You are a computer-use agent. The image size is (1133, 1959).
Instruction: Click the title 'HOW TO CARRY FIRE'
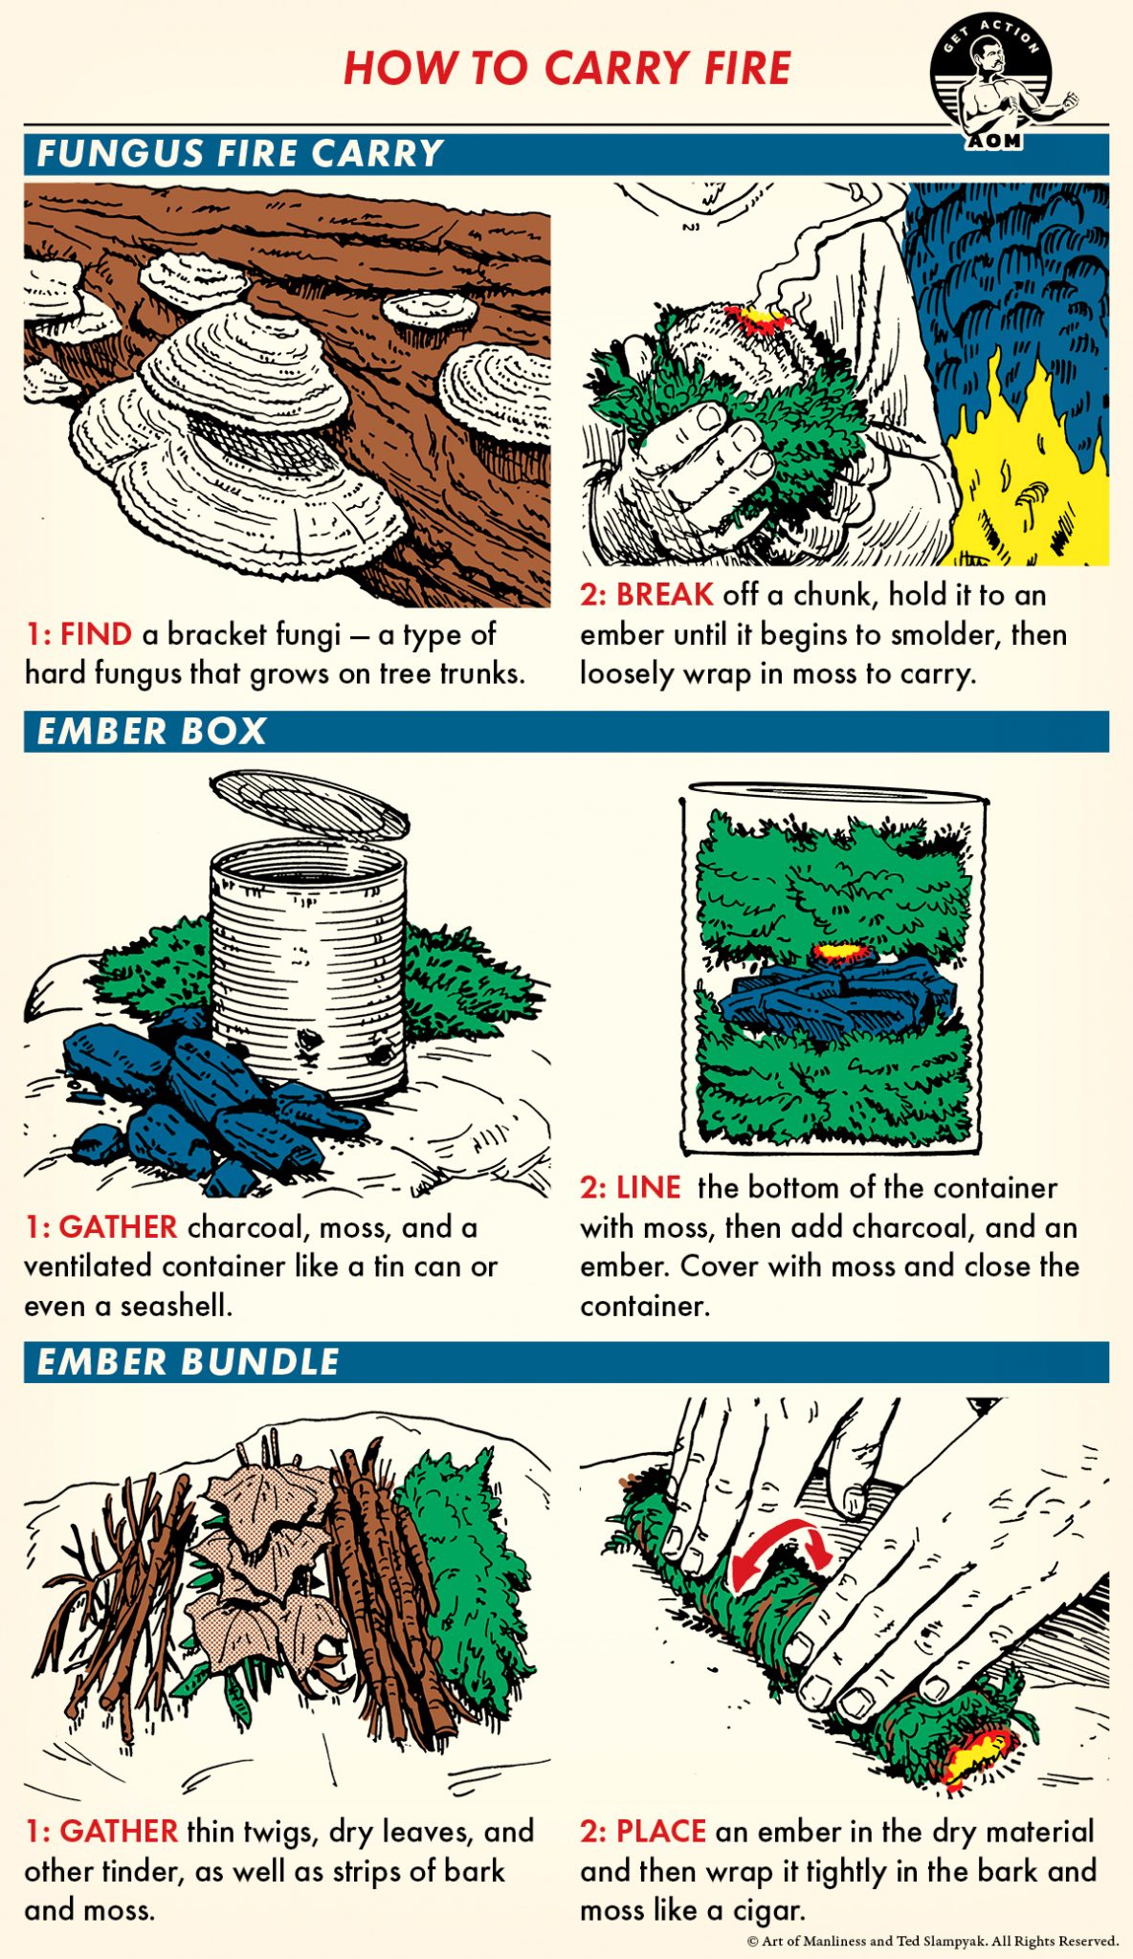coord(567,68)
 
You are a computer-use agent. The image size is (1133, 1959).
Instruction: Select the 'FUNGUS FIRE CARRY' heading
coord(239,153)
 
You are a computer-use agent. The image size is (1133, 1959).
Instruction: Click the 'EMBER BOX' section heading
coord(151,731)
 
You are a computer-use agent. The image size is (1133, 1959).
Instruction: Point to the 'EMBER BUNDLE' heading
coord(188,1361)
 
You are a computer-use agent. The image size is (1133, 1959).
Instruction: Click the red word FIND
coord(96,633)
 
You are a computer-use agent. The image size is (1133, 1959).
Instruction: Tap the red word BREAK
coord(664,594)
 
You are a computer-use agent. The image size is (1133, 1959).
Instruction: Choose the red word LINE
coord(648,1187)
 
